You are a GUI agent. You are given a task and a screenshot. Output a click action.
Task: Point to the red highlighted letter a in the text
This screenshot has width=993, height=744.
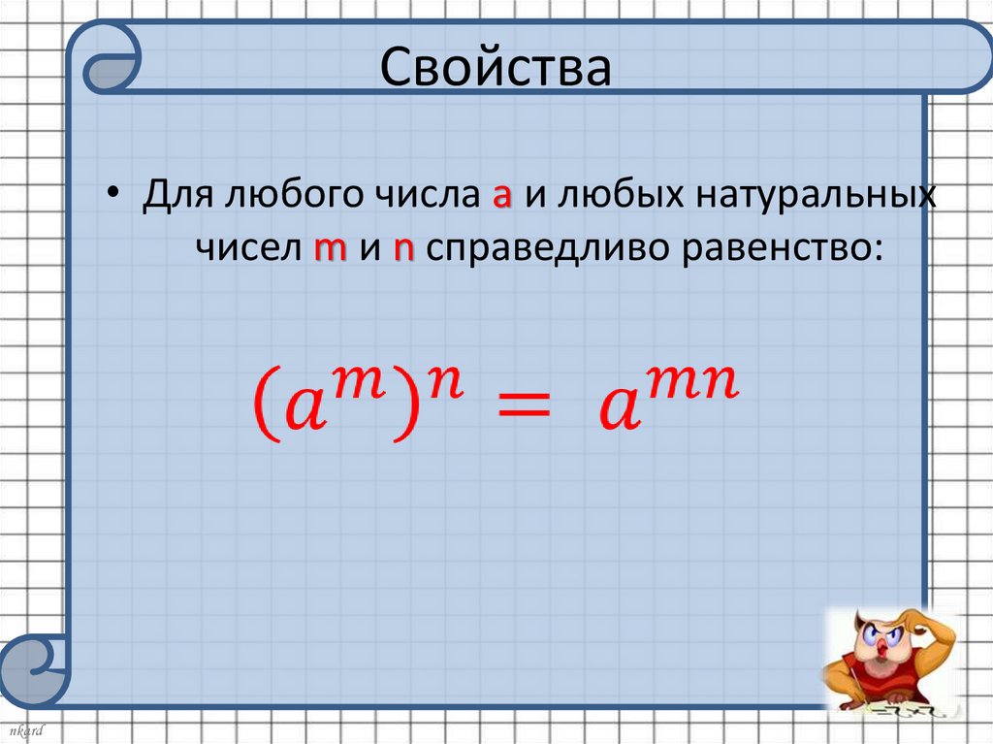(x=501, y=198)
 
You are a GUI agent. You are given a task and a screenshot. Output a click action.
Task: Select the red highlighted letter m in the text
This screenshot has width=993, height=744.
(x=330, y=249)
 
